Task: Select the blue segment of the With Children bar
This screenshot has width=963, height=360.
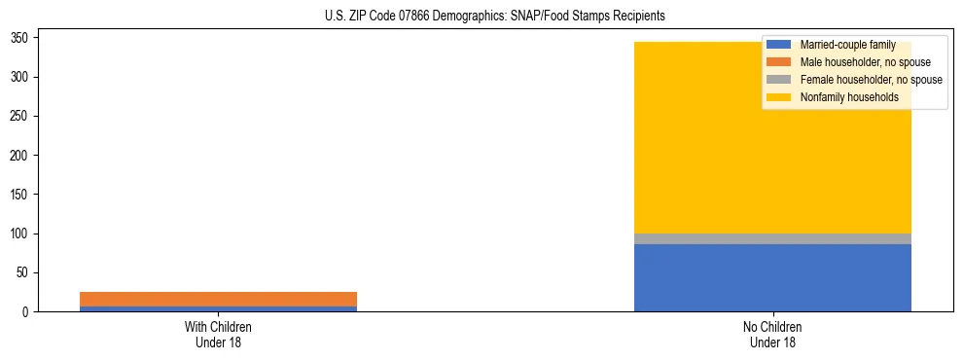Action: point(218,308)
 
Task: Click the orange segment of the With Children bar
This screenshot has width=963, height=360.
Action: point(218,299)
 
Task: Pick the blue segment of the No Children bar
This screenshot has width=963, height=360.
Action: point(772,277)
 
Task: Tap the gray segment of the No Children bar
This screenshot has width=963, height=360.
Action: point(772,238)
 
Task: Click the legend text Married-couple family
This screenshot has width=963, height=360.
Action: point(847,45)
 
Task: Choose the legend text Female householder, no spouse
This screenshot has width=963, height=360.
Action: point(871,80)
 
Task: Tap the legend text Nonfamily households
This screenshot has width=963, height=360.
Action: point(848,97)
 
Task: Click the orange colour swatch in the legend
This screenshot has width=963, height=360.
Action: point(779,62)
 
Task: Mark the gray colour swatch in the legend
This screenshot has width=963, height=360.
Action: point(779,80)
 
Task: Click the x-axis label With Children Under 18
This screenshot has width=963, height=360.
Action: point(218,335)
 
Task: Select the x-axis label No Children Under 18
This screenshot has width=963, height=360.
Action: point(772,335)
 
